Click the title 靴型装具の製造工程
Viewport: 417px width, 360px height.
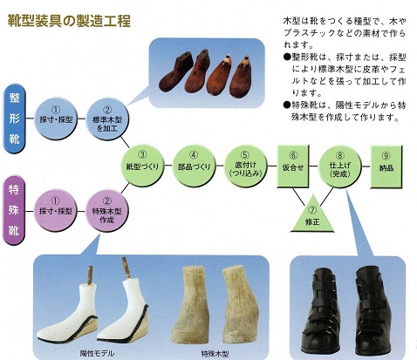click(69, 21)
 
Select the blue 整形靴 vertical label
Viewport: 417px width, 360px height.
click(15, 119)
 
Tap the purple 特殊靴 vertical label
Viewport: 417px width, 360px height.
click(14, 210)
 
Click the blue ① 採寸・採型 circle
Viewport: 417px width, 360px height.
click(56, 119)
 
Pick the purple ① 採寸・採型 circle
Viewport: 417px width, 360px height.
click(55, 210)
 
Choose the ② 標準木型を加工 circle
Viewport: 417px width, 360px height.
click(107, 119)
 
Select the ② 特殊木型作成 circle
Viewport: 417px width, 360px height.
click(106, 210)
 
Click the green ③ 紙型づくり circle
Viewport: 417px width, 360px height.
click(142, 166)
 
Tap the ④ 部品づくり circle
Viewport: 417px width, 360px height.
click(194, 166)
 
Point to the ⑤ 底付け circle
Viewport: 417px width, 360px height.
click(246, 166)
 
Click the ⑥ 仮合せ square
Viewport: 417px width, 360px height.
click(293, 166)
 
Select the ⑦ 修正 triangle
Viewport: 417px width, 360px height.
click(312, 215)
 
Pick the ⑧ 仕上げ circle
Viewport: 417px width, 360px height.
click(340, 166)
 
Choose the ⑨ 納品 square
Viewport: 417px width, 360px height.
click(386, 167)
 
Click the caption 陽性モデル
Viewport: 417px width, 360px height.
click(97, 353)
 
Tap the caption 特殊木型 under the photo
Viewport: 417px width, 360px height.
click(215, 354)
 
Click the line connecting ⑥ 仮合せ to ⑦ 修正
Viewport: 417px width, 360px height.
click(299, 197)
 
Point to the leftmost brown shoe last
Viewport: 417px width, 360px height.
click(175, 71)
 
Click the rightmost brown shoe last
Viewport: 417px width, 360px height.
click(241, 77)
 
